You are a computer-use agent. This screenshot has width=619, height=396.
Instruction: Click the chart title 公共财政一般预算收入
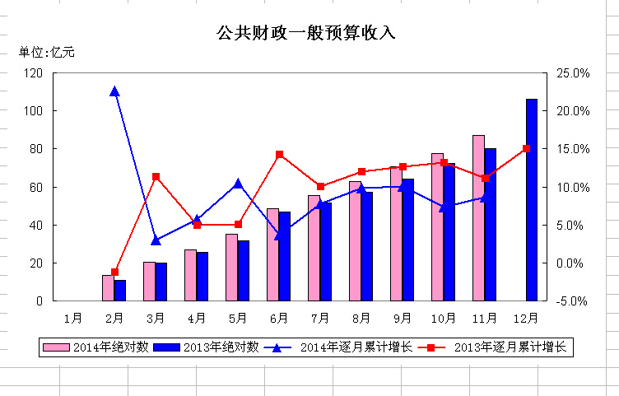click(x=306, y=33)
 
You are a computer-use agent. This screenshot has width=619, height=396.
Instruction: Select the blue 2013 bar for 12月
click(x=531, y=200)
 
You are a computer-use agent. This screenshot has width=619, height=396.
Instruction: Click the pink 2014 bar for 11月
click(x=478, y=218)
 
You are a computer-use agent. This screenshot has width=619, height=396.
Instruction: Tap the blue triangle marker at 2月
click(x=114, y=91)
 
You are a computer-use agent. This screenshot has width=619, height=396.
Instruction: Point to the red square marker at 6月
click(x=279, y=154)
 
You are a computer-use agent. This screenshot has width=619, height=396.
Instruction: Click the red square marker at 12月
click(x=526, y=148)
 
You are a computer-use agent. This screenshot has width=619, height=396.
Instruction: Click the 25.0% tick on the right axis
click(x=573, y=72)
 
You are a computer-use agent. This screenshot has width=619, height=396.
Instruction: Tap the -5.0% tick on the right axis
click(x=573, y=301)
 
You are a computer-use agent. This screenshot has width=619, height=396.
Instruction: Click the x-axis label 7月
click(x=320, y=317)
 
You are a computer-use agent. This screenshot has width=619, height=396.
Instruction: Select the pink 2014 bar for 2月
click(x=108, y=288)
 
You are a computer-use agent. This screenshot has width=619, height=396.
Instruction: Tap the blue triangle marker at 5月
click(x=238, y=184)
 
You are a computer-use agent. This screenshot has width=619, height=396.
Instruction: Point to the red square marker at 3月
click(x=156, y=176)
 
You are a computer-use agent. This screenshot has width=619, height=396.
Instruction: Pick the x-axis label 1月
click(x=73, y=317)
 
